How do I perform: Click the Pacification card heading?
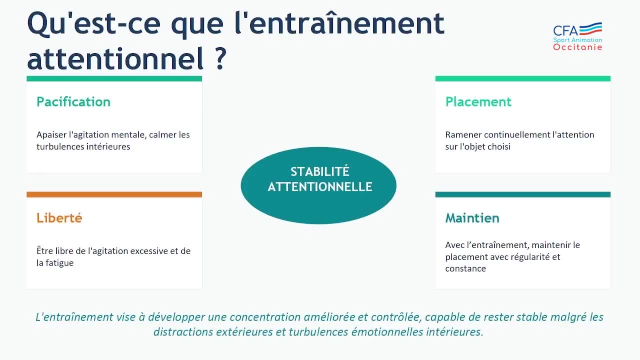click(x=73, y=102)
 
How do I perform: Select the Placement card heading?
click(x=478, y=102)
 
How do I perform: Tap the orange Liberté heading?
click(x=59, y=218)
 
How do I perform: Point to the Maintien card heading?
click(x=472, y=218)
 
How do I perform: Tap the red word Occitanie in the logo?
click(x=577, y=47)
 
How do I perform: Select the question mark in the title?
click(x=221, y=59)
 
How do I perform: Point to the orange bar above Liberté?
click(x=114, y=194)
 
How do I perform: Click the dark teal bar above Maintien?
click(x=523, y=194)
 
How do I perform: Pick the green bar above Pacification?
click(x=114, y=78)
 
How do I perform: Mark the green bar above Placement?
click(x=523, y=78)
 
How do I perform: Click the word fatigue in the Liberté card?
click(x=59, y=263)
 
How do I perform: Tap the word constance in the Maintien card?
click(x=465, y=268)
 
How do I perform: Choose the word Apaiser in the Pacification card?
click(x=51, y=134)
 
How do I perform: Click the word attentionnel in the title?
click(x=115, y=59)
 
